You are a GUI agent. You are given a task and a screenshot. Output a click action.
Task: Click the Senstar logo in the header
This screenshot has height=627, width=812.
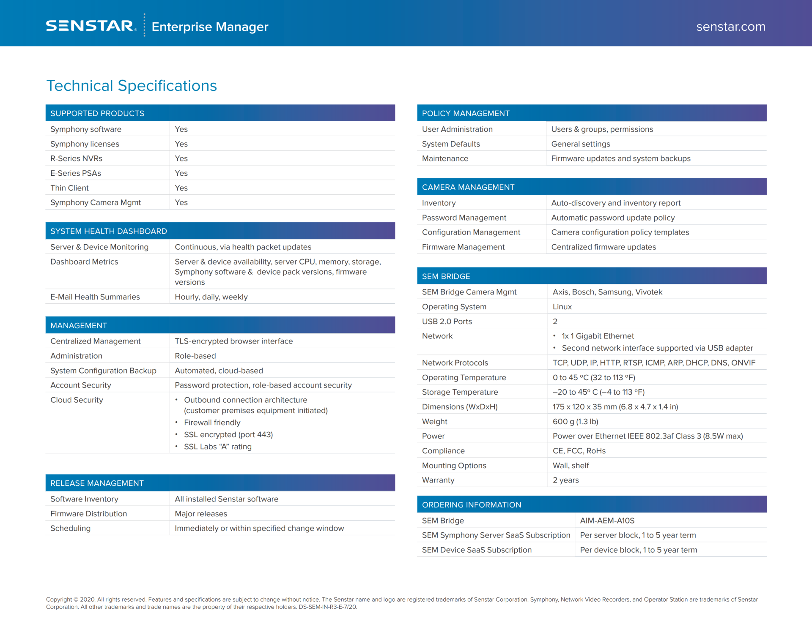click(91, 26)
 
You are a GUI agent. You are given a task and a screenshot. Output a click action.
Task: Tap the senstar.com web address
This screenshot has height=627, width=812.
click(730, 27)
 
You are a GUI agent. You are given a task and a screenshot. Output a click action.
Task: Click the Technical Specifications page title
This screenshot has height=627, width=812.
click(132, 86)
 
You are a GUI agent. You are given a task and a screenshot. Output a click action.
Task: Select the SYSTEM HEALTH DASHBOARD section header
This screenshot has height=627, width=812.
click(109, 231)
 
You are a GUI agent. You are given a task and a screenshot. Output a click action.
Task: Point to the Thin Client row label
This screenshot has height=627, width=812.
click(69, 188)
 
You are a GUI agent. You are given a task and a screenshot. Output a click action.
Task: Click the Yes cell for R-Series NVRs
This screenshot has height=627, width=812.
click(181, 158)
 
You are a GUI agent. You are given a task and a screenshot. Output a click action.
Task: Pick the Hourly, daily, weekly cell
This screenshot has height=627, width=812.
click(211, 297)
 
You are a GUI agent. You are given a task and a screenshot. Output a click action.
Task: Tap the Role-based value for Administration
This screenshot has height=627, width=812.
click(195, 356)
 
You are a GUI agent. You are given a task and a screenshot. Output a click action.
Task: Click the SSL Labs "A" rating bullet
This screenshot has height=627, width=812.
click(217, 447)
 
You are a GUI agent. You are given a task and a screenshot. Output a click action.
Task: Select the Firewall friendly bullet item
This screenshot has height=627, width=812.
click(212, 423)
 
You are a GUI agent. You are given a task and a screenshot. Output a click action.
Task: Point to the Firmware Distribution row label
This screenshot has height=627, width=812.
click(88, 514)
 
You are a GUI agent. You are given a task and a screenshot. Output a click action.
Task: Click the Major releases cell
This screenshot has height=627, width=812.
click(201, 514)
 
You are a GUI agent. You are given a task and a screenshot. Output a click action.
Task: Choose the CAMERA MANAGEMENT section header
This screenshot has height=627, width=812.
click(468, 187)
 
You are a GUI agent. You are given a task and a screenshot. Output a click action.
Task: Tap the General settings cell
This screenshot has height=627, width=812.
click(580, 144)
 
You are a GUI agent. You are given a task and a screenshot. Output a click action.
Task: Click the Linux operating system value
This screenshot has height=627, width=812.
click(562, 307)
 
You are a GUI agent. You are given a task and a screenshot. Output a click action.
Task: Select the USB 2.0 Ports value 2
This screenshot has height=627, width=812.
click(555, 322)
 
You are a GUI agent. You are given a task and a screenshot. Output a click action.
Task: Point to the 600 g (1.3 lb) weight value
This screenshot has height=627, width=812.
click(575, 422)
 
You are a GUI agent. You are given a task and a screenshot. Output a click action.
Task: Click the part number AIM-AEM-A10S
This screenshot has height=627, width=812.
click(607, 521)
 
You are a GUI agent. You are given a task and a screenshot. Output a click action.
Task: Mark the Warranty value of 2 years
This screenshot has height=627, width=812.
click(565, 480)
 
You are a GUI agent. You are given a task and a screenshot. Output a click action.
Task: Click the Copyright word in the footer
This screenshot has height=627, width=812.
click(59, 600)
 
